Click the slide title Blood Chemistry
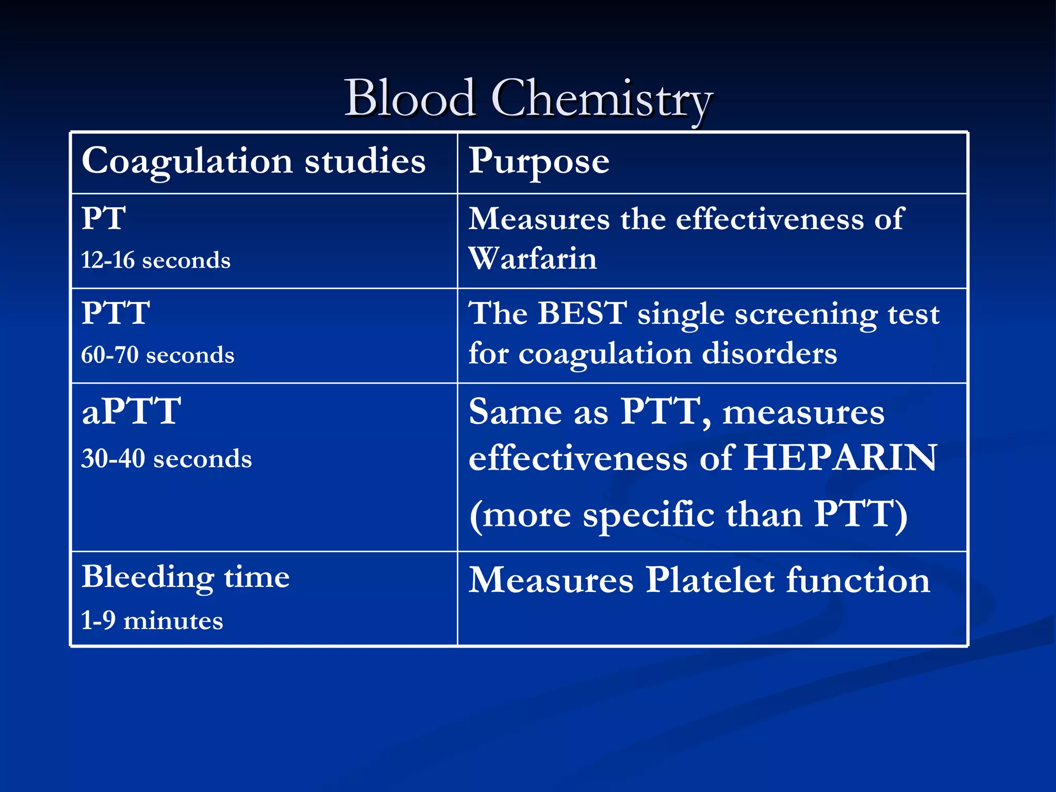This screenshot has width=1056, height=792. coord(528,98)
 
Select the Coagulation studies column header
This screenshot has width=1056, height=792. coord(254,161)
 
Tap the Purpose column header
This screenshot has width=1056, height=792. coord(539,161)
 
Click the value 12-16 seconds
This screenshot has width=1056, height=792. coord(156,260)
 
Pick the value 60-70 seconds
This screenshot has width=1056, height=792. coord(158,355)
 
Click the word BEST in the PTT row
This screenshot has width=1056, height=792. coord(582,313)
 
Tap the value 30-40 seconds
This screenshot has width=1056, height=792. coord(167,458)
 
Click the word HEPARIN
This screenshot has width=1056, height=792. coord(840,457)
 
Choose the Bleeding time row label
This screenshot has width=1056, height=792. coord(186,576)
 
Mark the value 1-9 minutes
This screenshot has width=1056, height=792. coord(152,620)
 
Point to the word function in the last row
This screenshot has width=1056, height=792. coord(858,580)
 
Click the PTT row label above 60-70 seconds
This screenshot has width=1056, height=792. coord(115,313)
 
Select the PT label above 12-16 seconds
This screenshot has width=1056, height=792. coord(104,218)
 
